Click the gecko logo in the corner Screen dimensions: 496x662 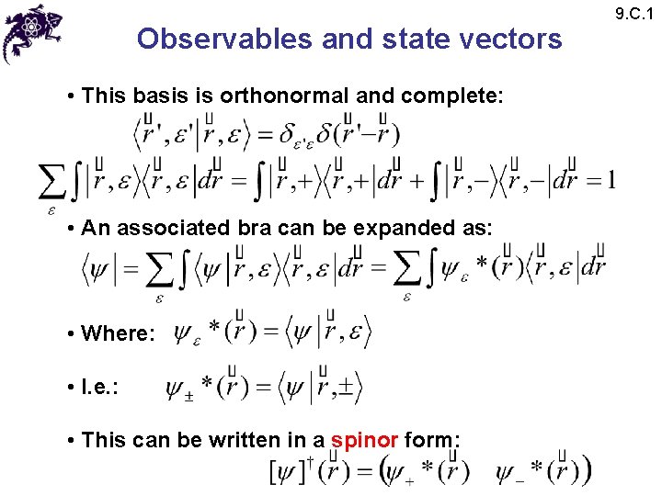33,31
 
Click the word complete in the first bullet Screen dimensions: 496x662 465,95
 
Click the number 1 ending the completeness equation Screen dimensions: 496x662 611,180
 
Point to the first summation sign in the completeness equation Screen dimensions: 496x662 52,182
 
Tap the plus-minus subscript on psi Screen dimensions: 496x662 188,398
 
